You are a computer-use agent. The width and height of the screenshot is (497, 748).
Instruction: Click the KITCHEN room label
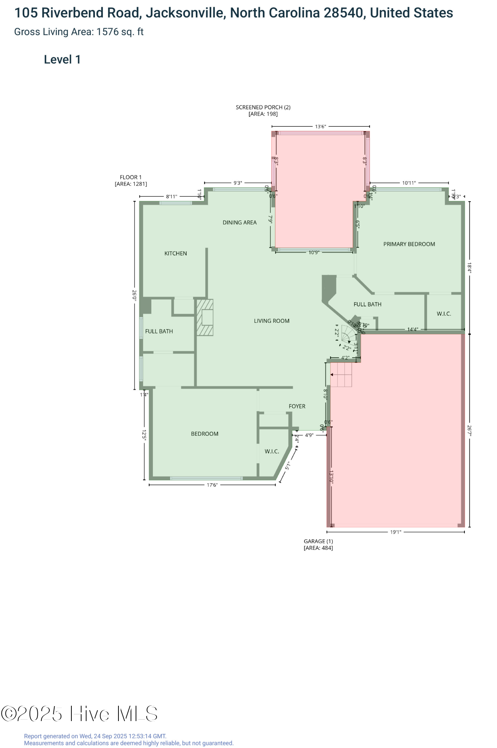pos(176,254)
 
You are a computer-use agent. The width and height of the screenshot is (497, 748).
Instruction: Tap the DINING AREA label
pos(240,223)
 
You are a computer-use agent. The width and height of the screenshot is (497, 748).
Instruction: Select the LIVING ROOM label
pos(272,321)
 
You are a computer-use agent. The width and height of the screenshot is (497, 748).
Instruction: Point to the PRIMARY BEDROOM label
pos(409,244)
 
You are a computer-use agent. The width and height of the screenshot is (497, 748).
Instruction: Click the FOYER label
pos(297,407)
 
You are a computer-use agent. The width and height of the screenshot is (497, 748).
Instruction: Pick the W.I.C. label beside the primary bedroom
pos(444,314)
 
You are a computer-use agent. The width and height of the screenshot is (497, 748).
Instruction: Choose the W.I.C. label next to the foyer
pos(272,452)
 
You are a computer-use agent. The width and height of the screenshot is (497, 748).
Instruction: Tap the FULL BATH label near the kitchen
pos(159,331)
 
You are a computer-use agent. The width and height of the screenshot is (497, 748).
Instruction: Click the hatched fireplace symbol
pos(205,317)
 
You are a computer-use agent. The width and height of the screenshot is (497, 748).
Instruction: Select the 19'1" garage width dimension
pos(396,532)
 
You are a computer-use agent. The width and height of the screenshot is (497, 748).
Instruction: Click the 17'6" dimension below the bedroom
pos(212,485)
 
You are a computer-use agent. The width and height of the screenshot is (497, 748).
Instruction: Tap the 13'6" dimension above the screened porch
pos(321,127)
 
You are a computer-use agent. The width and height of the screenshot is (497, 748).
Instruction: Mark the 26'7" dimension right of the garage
pos(469,430)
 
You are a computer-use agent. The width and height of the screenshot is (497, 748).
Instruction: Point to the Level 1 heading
pos(62,60)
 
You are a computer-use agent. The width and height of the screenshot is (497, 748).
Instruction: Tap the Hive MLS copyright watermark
pos(79,714)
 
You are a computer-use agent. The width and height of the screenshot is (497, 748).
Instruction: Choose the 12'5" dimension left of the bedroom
pos(144,435)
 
